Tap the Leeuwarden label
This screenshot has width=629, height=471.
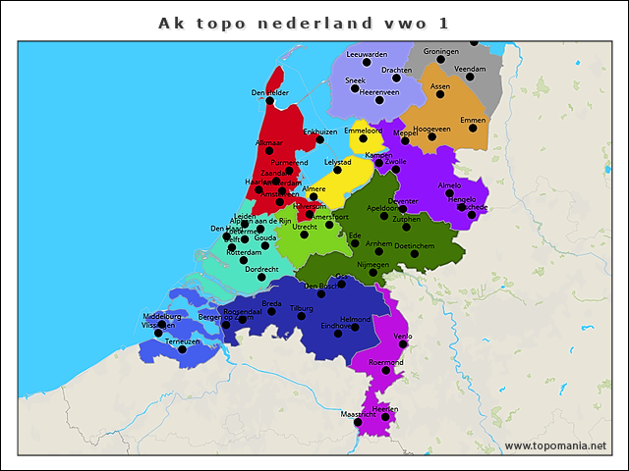click(x=368, y=55)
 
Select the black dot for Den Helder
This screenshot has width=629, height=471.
click(x=269, y=101)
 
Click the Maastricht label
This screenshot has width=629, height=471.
click(x=358, y=415)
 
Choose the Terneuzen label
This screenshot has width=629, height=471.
click(x=183, y=341)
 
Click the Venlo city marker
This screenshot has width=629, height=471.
click(x=402, y=344)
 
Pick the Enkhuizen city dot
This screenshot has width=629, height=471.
click(x=319, y=139)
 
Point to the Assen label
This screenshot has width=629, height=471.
click(x=440, y=86)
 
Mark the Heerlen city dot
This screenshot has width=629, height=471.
click(x=385, y=417)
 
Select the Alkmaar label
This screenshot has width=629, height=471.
click(x=268, y=143)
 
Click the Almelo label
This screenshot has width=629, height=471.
click(x=448, y=184)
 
